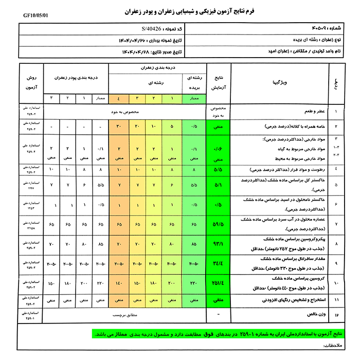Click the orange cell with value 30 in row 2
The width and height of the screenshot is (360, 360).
pyautogui.click(x=119, y=126)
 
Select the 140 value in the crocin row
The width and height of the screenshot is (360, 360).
pyautogui.click(x=119, y=283)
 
